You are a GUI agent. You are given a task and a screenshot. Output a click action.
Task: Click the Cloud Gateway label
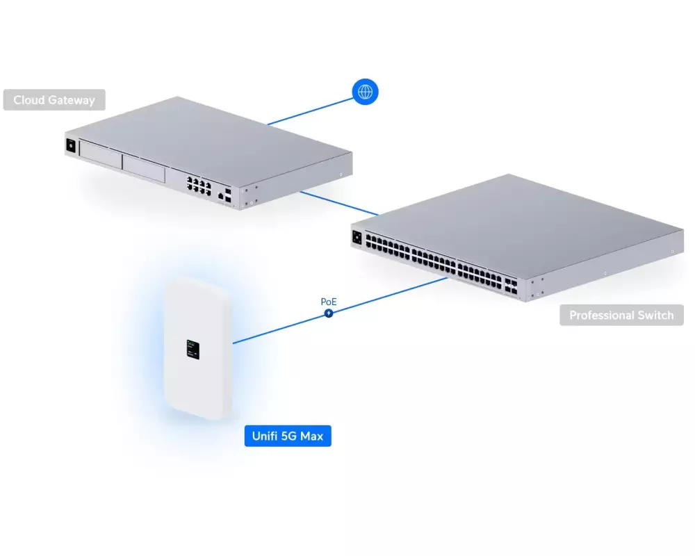pos(54,100)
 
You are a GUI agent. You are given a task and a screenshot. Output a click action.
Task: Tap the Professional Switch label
pos(621,315)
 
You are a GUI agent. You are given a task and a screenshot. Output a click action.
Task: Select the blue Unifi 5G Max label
pos(288,436)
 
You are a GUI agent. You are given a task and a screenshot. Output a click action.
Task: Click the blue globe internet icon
pos(366,92)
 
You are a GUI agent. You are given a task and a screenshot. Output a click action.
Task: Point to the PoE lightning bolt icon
pos(329,313)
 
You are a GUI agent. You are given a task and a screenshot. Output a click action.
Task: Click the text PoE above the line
pos(329,302)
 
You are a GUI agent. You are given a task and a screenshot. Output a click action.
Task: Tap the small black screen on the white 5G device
pos(193,350)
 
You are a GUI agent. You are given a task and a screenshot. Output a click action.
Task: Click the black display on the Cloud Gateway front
pos(71,145)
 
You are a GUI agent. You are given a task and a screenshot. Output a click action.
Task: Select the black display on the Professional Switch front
pos(357,238)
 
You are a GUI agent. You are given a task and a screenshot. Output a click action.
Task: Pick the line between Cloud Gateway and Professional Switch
pos(339,204)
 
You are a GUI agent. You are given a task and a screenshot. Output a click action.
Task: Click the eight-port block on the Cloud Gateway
pos(199,186)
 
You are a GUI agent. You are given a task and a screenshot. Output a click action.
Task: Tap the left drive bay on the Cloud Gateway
pos(101,155)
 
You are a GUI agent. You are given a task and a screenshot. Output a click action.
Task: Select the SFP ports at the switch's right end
pos(511,286)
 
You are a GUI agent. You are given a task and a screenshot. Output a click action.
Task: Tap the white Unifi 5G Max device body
pos(197,348)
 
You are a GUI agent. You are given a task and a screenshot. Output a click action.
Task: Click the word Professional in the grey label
pos(601,315)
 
